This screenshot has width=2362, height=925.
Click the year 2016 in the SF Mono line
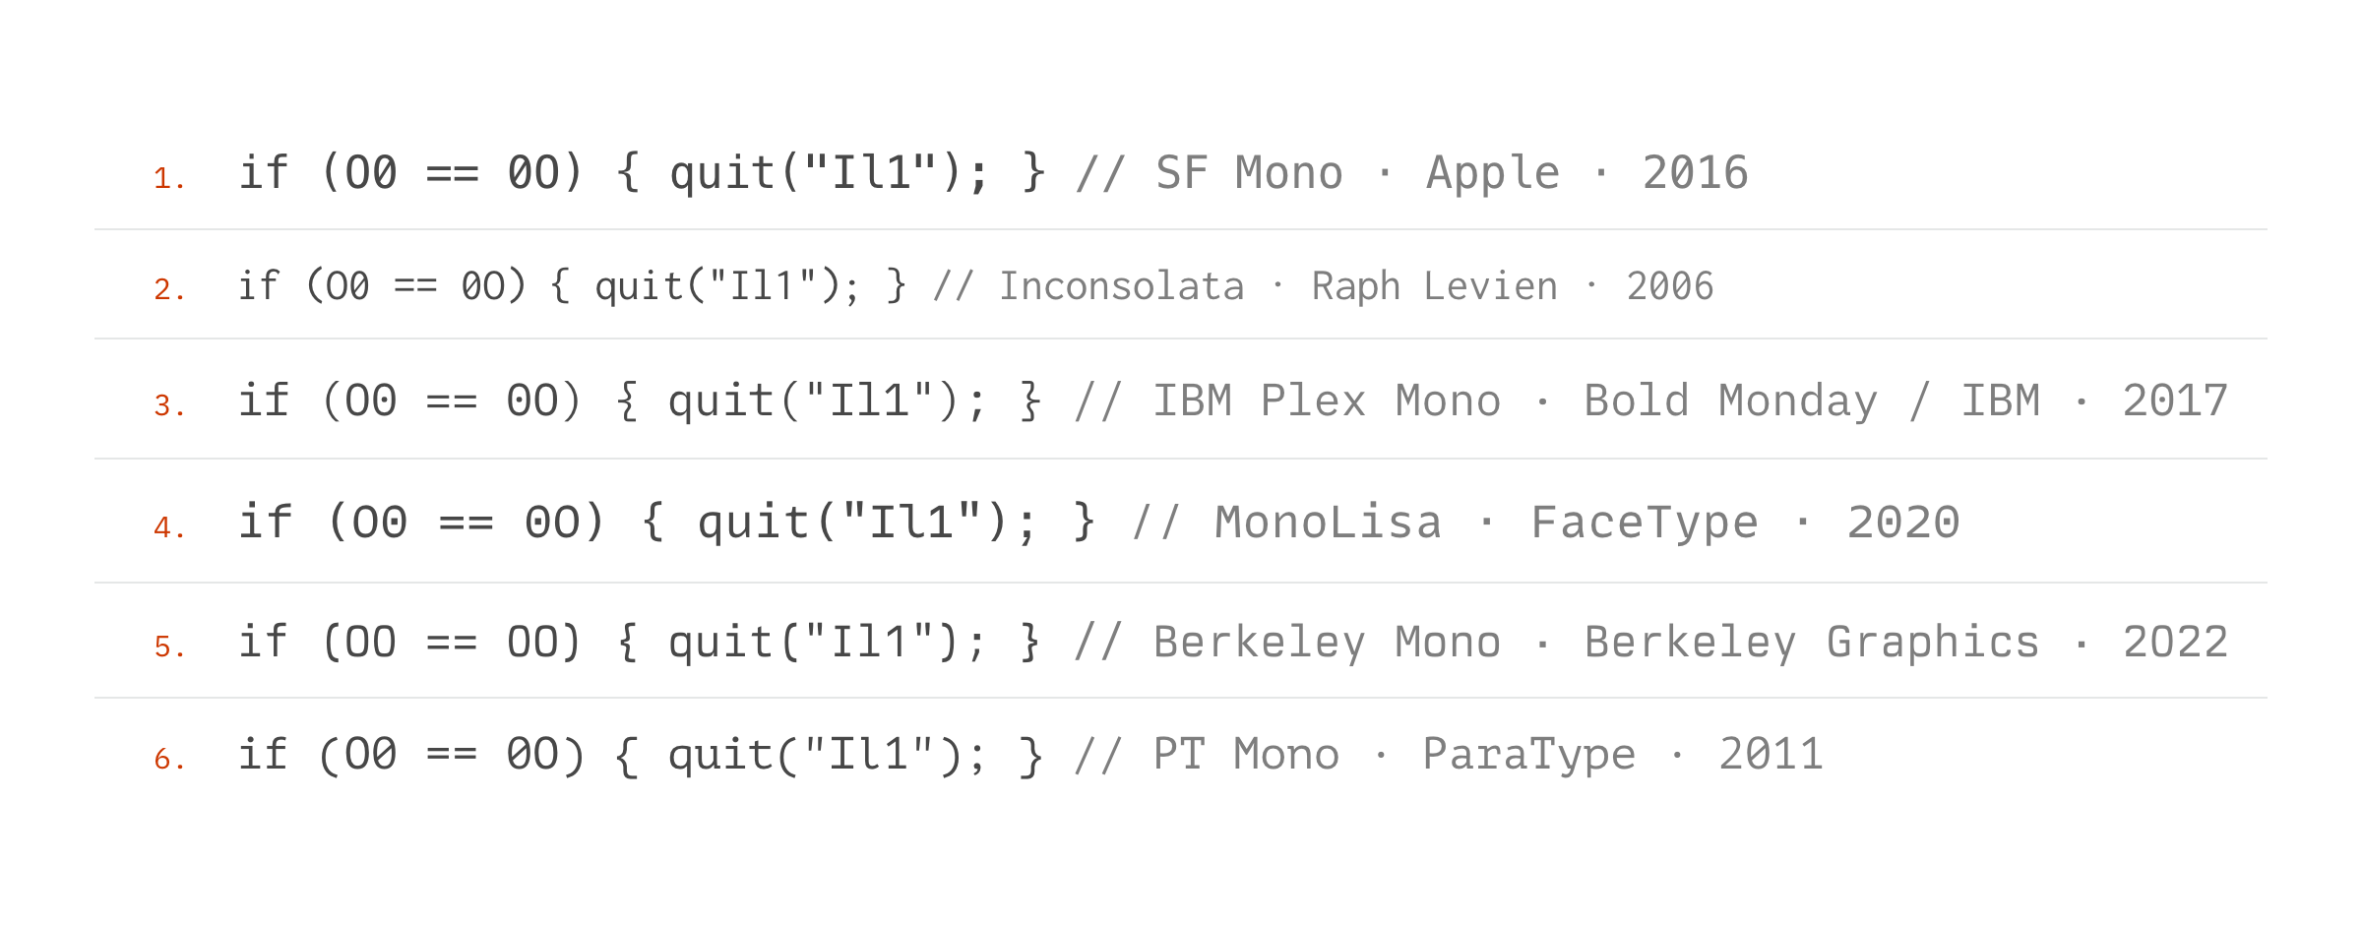(1695, 173)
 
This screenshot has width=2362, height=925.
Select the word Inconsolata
(1122, 286)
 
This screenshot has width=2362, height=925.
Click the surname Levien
(1491, 286)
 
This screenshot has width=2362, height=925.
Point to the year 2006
(1670, 286)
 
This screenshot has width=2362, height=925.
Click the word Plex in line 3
(1313, 401)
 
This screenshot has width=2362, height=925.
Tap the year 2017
(2175, 401)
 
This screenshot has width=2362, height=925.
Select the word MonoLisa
(1329, 523)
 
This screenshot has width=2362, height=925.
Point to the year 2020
(1903, 523)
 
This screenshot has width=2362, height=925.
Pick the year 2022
(2175, 643)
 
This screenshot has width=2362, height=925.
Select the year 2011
(1771, 755)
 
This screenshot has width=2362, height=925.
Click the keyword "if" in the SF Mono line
(264, 172)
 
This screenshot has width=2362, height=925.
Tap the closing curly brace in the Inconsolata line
(896, 286)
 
